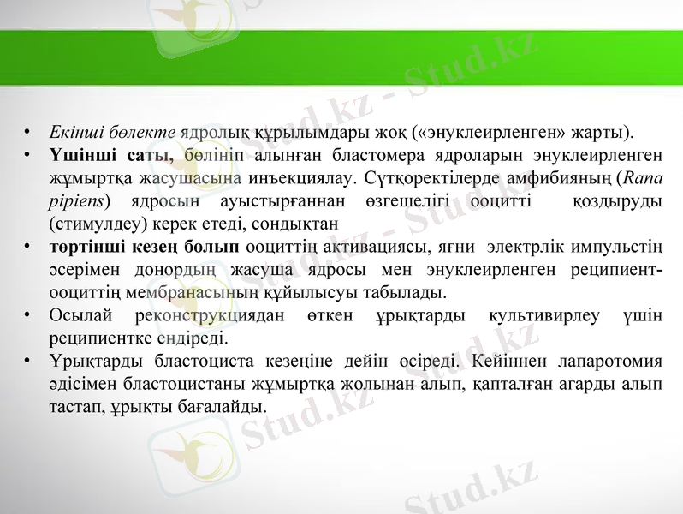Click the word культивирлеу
[543, 314]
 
